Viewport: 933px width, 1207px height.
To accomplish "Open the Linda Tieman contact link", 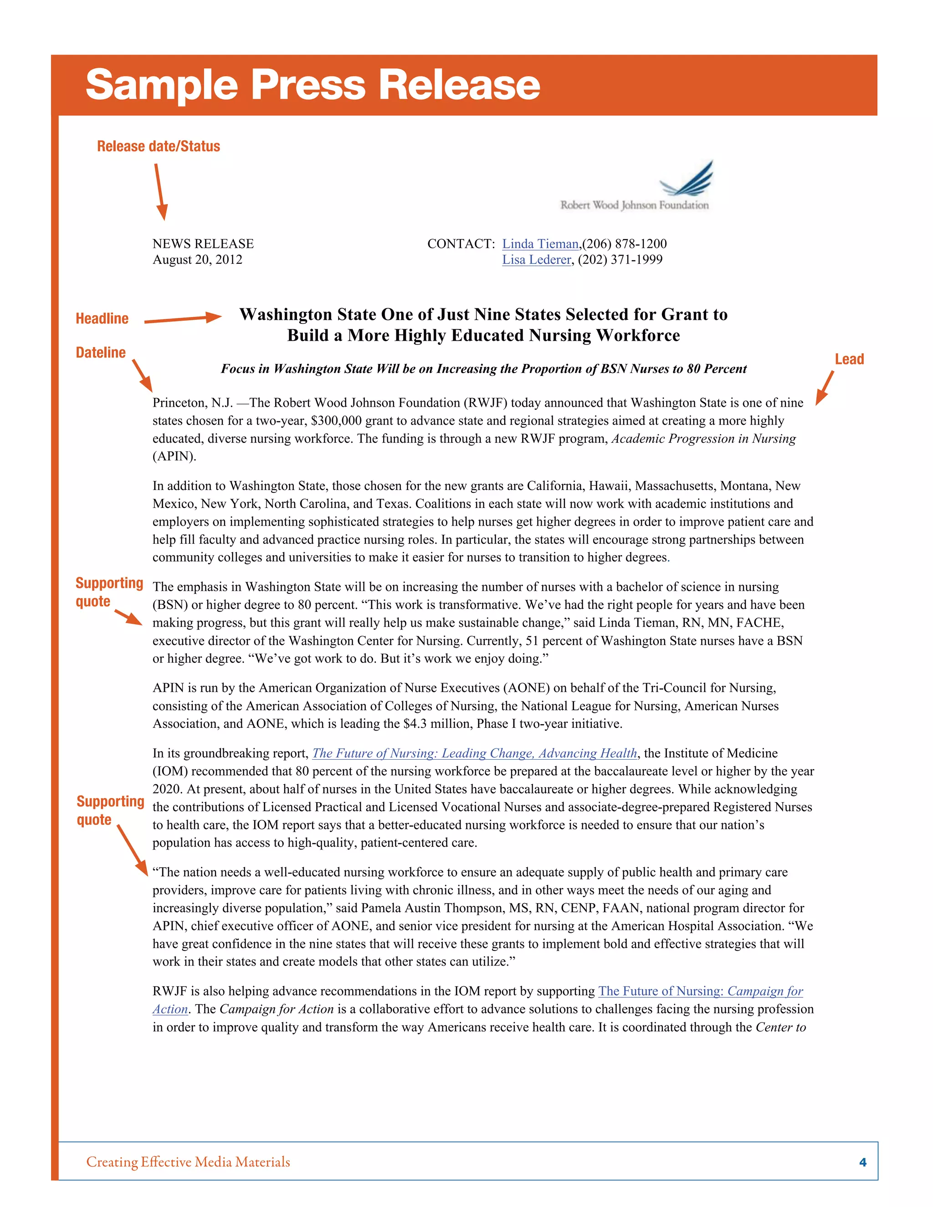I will coord(540,244).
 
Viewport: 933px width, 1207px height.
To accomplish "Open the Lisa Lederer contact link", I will coord(536,260).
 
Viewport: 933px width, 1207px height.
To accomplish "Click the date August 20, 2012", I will coord(197,260).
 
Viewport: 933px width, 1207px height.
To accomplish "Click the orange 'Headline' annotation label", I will coord(102,318).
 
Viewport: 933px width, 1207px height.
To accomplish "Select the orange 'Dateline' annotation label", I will coord(101,353).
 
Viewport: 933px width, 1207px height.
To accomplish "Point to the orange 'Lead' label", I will coord(849,359).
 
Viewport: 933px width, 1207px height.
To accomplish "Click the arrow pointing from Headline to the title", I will coord(182,319).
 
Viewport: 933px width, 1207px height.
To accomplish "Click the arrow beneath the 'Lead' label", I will coord(825,388).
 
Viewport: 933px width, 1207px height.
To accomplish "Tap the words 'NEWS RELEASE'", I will coord(203,244).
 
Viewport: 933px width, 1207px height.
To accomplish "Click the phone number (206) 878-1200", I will coord(625,244).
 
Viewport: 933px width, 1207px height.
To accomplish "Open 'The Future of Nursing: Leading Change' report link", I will coord(475,753).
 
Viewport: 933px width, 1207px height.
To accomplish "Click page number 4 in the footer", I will coord(862,1162).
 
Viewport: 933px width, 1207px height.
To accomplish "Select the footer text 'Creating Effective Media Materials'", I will coord(188,1162).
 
